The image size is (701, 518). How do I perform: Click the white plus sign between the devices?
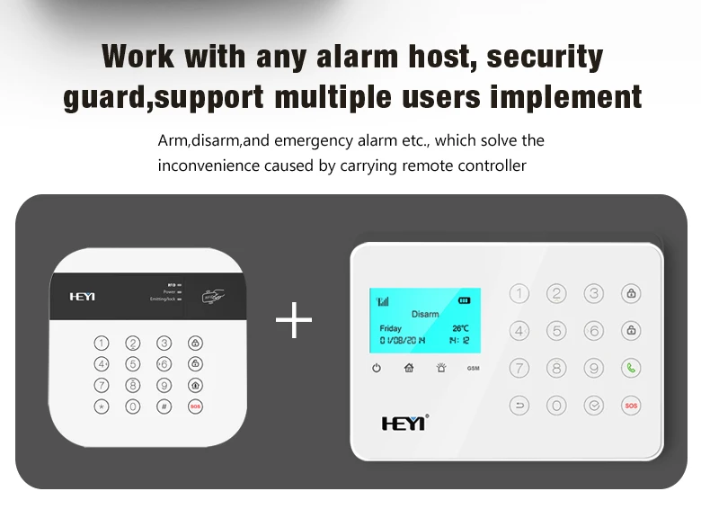pyautogui.click(x=294, y=321)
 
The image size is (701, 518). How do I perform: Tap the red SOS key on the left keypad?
pyautogui.click(x=195, y=406)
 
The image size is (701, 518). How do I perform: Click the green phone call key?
pyautogui.click(x=631, y=368)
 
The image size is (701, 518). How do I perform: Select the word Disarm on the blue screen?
pyautogui.click(x=424, y=314)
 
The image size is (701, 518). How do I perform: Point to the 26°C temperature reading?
pyautogui.click(x=460, y=328)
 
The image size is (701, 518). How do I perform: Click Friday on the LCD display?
pyautogui.click(x=391, y=328)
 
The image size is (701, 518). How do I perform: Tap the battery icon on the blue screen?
pyautogui.click(x=464, y=300)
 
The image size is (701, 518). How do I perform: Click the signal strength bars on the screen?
pyautogui.click(x=382, y=301)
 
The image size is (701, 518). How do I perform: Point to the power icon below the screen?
pyautogui.click(x=376, y=368)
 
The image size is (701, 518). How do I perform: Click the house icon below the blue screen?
pyautogui.click(x=408, y=368)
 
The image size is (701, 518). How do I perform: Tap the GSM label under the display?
pyautogui.click(x=473, y=369)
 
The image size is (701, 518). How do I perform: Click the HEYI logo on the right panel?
pyautogui.click(x=404, y=422)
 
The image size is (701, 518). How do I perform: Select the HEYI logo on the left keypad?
pyautogui.click(x=82, y=296)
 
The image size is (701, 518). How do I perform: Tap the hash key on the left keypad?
pyautogui.click(x=164, y=406)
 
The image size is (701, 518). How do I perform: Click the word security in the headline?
pyautogui.click(x=545, y=56)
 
